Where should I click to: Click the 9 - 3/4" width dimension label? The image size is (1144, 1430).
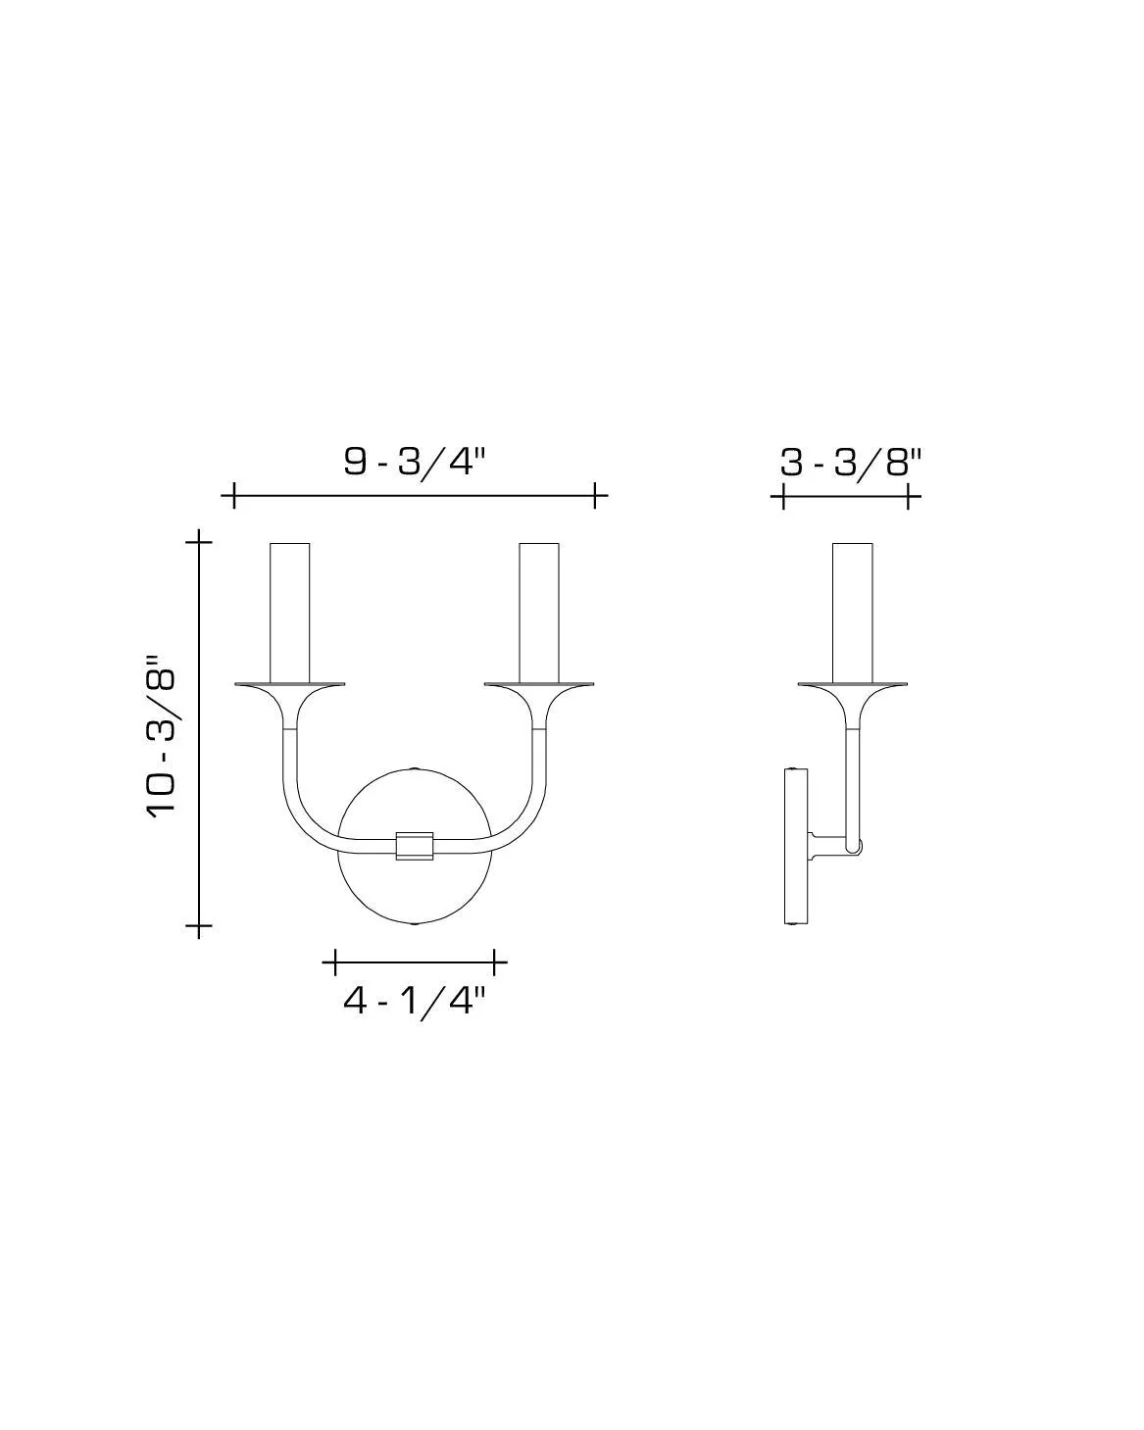click(x=415, y=461)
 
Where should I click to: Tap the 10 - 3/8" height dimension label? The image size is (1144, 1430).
click(x=163, y=733)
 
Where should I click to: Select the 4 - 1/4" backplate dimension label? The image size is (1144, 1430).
click(x=415, y=1001)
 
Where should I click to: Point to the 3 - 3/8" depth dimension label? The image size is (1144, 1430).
click(x=851, y=462)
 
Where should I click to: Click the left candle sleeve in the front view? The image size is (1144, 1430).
click(x=290, y=610)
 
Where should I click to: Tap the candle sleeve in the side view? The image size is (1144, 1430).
click(x=853, y=610)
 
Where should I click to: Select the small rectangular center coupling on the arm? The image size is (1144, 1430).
click(x=415, y=846)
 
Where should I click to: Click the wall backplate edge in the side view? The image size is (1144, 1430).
click(x=795, y=847)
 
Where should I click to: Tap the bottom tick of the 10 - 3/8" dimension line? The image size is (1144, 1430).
click(x=200, y=925)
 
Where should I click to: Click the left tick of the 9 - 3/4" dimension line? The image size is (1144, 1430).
click(x=233, y=495)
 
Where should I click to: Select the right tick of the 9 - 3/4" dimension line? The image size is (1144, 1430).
click(x=595, y=495)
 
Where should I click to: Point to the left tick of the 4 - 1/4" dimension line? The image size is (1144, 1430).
click(x=335, y=962)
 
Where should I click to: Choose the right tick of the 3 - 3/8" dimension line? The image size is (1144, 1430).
click(x=909, y=497)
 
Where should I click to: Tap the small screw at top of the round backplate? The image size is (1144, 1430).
click(x=415, y=768)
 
